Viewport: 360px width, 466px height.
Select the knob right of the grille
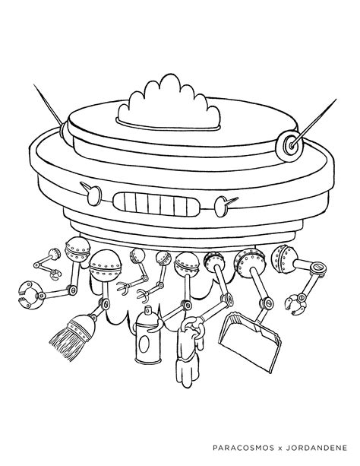point(223,202)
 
